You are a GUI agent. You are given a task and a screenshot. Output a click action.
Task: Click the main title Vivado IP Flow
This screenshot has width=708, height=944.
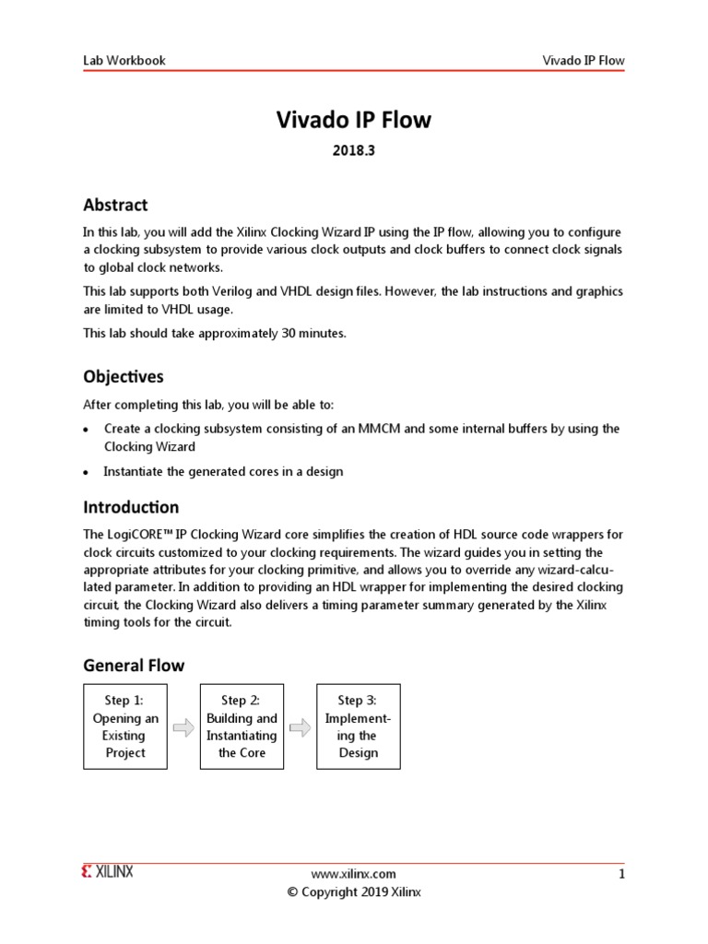[x=354, y=121]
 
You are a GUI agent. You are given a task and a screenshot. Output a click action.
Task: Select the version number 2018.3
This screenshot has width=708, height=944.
[x=354, y=152]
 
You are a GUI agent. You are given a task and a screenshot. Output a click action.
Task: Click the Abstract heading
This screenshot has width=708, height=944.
[x=115, y=205]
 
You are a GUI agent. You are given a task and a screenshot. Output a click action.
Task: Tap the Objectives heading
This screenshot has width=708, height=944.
[x=124, y=376]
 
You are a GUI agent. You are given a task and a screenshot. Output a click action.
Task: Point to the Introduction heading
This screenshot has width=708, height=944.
[x=131, y=507]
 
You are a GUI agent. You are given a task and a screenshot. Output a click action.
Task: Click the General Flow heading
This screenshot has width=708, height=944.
[x=134, y=665]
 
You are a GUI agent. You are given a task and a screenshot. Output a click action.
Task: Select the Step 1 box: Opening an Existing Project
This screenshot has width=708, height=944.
[x=125, y=726]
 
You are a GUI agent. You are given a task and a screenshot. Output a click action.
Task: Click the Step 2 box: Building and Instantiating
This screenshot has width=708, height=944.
[x=242, y=726]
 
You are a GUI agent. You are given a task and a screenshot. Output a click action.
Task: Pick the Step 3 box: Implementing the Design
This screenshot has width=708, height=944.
[x=358, y=726]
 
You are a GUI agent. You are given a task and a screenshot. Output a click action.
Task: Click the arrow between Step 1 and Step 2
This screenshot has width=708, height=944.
[x=183, y=727]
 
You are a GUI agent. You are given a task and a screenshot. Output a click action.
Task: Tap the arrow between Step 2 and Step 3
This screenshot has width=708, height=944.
[x=300, y=727]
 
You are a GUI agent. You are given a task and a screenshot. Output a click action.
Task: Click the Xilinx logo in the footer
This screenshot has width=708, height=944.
[x=108, y=872]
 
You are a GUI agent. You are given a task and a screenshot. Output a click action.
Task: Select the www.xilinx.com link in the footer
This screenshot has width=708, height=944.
[x=354, y=874]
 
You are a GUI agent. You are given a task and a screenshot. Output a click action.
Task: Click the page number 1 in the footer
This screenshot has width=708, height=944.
[x=621, y=874]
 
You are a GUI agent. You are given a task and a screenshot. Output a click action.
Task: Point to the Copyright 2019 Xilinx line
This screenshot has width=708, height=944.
[x=354, y=892]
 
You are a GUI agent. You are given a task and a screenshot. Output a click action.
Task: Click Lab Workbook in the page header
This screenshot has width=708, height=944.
[x=124, y=61]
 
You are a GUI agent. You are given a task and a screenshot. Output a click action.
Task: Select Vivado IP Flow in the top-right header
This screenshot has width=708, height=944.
[x=583, y=61]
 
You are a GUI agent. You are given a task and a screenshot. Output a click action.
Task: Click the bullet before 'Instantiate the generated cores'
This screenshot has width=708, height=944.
[x=86, y=473]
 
